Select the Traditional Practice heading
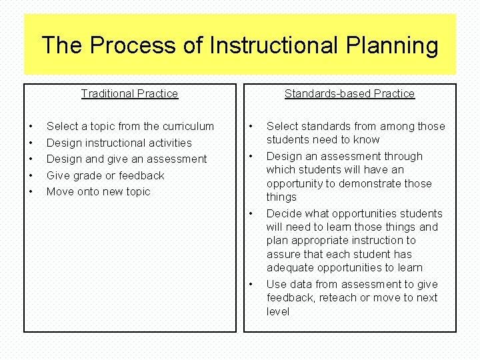pyautogui.click(x=129, y=93)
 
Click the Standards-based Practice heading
pyautogui.click(x=349, y=93)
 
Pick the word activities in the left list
pyautogui.click(x=170, y=143)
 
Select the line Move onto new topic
pyautogui.click(x=98, y=191)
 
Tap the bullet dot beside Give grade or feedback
pyautogui.click(x=31, y=175)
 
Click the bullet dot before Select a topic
pyautogui.click(x=31, y=126)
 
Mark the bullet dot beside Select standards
pyautogui.click(x=251, y=126)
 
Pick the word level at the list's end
pyautogui.click(x=278, y=311)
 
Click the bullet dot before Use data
pyautogui.click(x=251, y=284)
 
